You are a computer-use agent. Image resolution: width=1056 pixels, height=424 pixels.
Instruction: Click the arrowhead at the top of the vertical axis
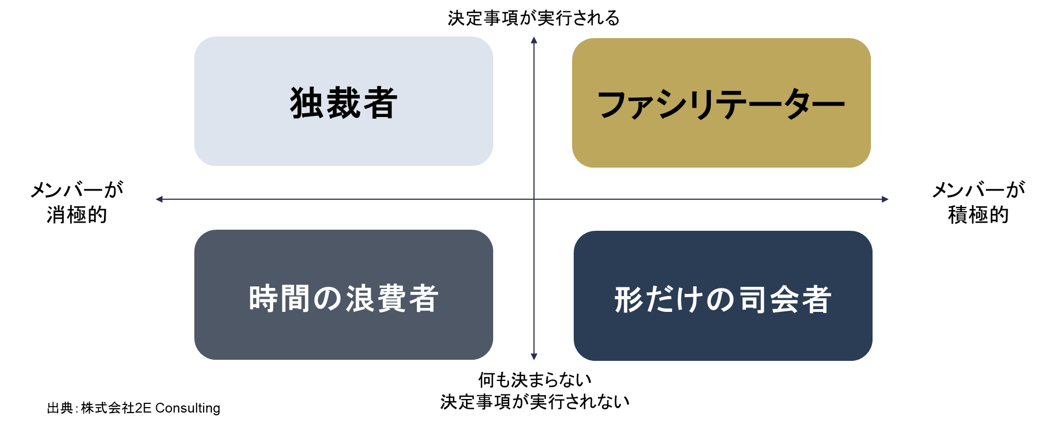click(534, 40)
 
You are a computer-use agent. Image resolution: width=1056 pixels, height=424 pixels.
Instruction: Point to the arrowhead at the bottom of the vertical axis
click(534, 357)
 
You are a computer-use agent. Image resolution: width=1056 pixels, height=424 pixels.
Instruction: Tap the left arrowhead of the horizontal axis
click(159, 200)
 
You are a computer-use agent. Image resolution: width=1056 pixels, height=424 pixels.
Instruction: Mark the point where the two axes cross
click(534, 200)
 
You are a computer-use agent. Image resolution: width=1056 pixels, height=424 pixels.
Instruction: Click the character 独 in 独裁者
click(307, 103)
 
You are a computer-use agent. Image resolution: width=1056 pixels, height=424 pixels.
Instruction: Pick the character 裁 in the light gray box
click(343, 103)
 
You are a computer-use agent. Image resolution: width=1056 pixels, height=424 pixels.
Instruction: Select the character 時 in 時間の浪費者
click(263, 298)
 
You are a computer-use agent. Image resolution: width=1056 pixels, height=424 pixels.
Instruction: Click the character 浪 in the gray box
click(360, 298)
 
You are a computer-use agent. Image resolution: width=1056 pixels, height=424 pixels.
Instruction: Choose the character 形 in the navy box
click(629, 299)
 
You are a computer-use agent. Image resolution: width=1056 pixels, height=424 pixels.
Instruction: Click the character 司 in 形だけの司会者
click(753, 299)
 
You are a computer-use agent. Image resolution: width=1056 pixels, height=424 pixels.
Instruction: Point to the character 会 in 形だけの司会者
click(785, 299)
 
